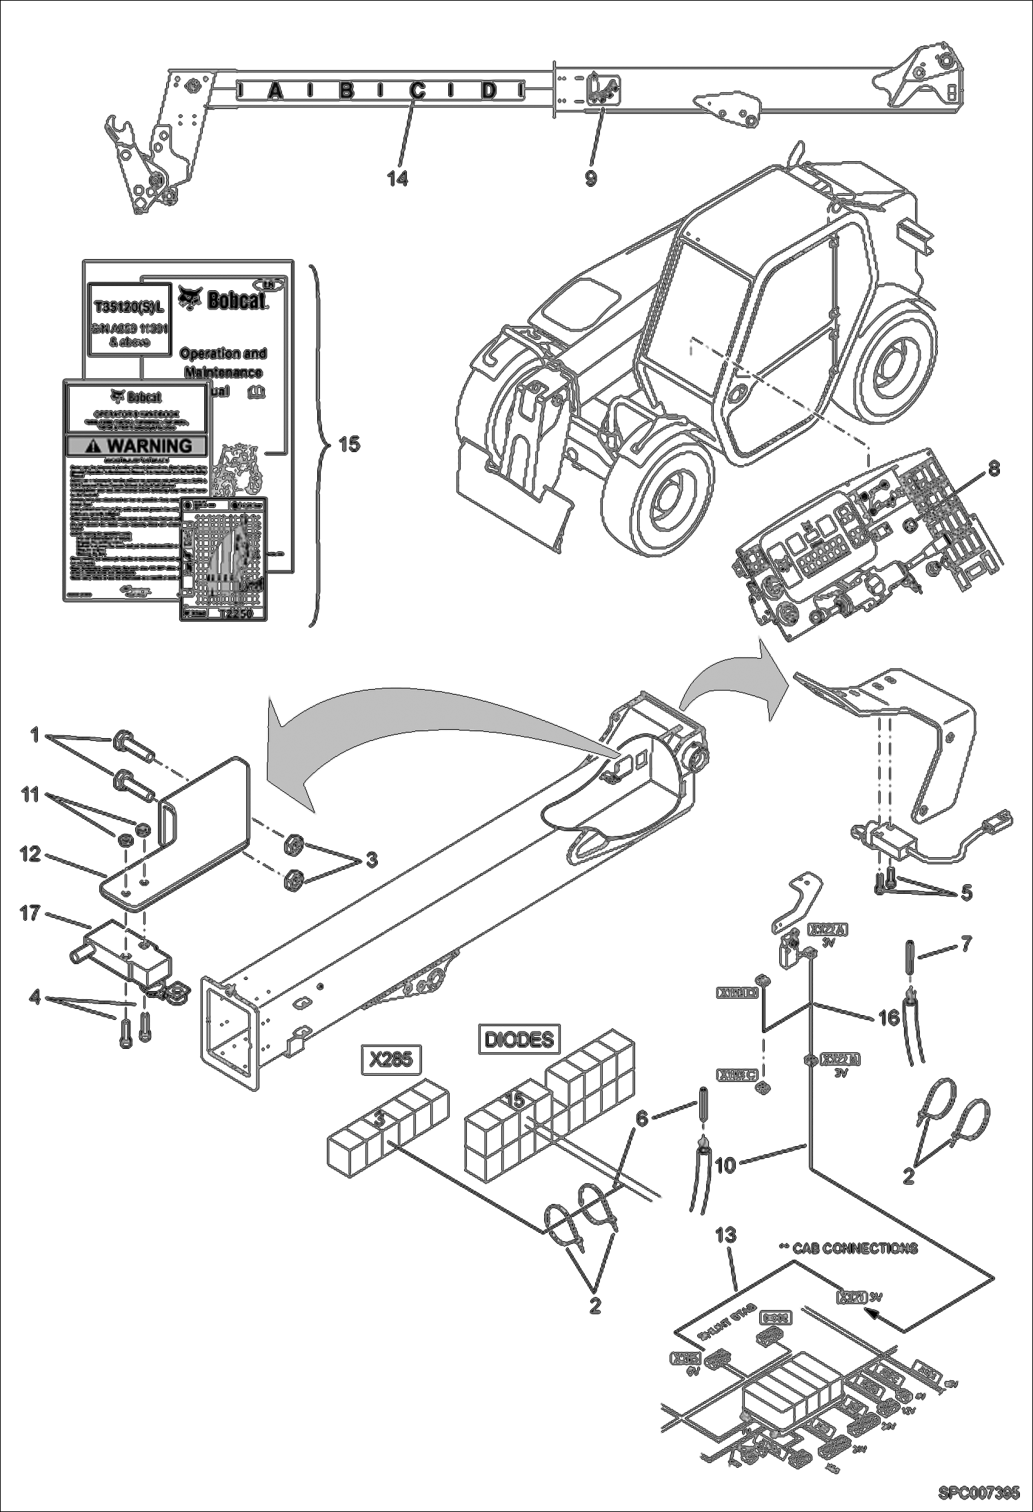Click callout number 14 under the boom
pos(397,178)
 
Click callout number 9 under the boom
pos(591,178)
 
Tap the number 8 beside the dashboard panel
pos(993,469)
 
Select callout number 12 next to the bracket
pos(30,855)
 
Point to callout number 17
pos(30,913)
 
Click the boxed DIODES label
pos(519,1039)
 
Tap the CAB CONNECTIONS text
pos(854,1248)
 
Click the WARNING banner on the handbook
pos(137,446)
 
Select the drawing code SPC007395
pos(978,1493)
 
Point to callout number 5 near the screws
pos(966,892)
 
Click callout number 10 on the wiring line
pos(726,1165)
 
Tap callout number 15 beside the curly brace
pos(350,445)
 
